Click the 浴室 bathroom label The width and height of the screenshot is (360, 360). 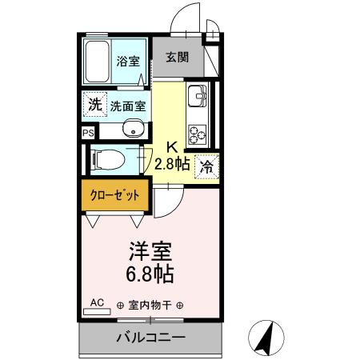tap(127, 60)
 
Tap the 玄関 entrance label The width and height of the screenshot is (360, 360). tap(177, 57)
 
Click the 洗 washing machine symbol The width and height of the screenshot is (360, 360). tap(94, 104)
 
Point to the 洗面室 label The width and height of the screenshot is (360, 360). tap(128, 105)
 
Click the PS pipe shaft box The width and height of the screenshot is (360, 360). tap(86, 133)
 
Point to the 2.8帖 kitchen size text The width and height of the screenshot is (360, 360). tap(172, 165)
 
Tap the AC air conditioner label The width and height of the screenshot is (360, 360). tap(97, 302)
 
